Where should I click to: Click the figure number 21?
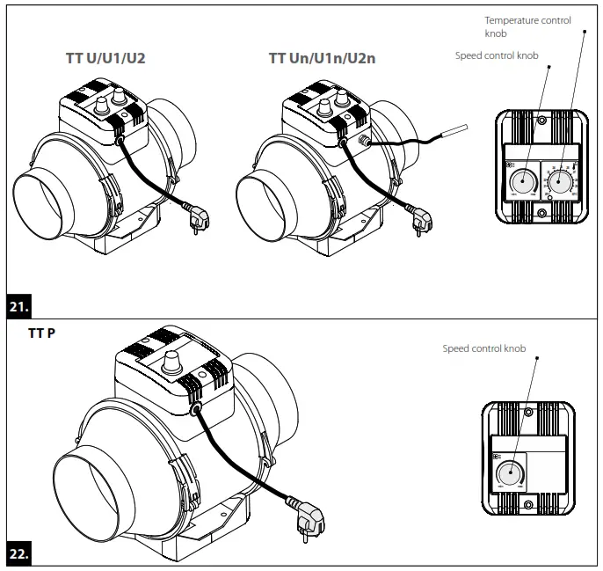(x=20, y=309)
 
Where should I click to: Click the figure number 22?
(x=20, y=555)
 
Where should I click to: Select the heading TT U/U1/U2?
(x=105, y=59)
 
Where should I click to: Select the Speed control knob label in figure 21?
(x=497, y=55)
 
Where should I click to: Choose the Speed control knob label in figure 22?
(x=484, y=349)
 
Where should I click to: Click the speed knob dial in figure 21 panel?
(x=522, y=181)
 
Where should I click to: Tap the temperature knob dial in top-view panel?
(x=559, y=182)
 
